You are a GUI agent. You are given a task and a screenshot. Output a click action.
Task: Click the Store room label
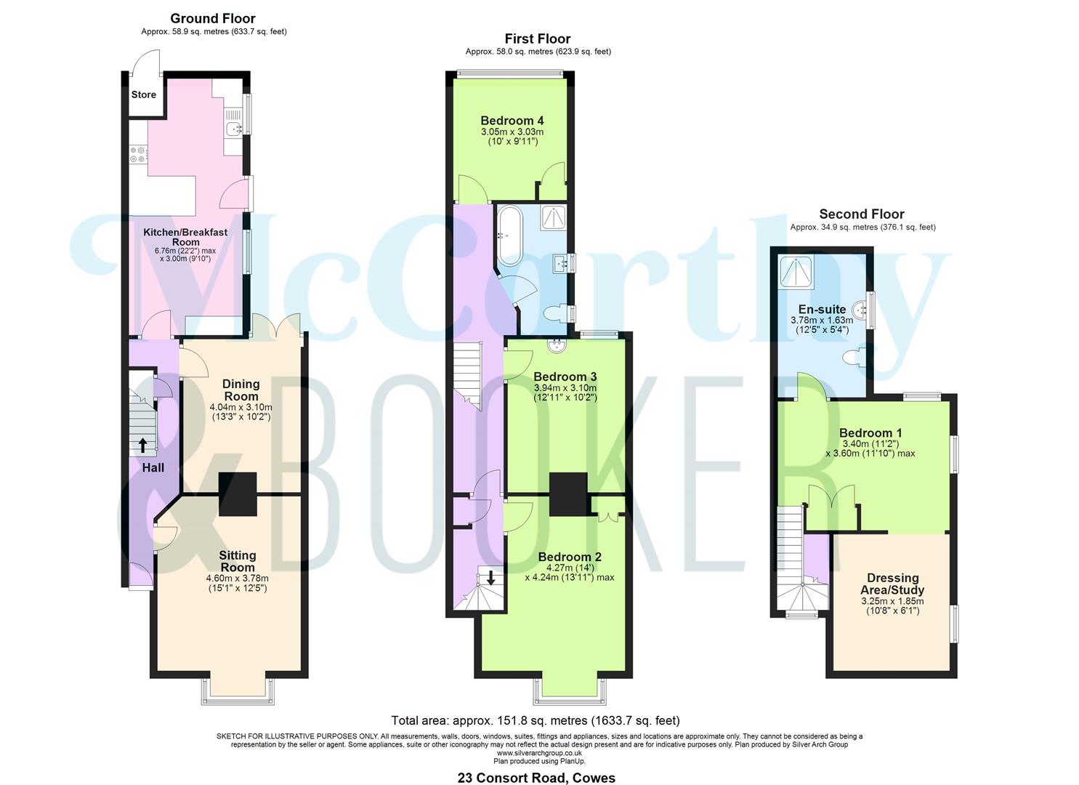[143, 94]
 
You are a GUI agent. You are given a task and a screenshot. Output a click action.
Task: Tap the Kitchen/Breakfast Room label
[185, 237]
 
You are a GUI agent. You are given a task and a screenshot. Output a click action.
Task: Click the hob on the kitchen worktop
[138, 153]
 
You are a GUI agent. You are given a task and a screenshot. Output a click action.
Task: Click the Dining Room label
[241, 390]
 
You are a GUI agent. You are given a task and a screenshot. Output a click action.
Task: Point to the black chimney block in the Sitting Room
[238, 494]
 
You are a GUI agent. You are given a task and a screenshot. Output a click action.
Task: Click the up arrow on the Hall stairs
[142, 445]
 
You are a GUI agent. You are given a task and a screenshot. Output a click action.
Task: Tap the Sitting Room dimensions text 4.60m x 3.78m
[237, 579]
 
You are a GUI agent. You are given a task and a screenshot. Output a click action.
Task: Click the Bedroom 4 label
[512, 121]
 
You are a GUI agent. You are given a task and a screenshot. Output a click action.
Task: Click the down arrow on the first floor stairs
[491, 579]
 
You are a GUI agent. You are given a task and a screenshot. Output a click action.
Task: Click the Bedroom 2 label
[569, 557]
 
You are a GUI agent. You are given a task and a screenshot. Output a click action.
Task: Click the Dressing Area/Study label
[892, 584]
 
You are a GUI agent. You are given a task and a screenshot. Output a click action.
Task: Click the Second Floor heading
[861, 214]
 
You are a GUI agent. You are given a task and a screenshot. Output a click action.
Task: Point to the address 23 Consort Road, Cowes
[536, 778]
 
